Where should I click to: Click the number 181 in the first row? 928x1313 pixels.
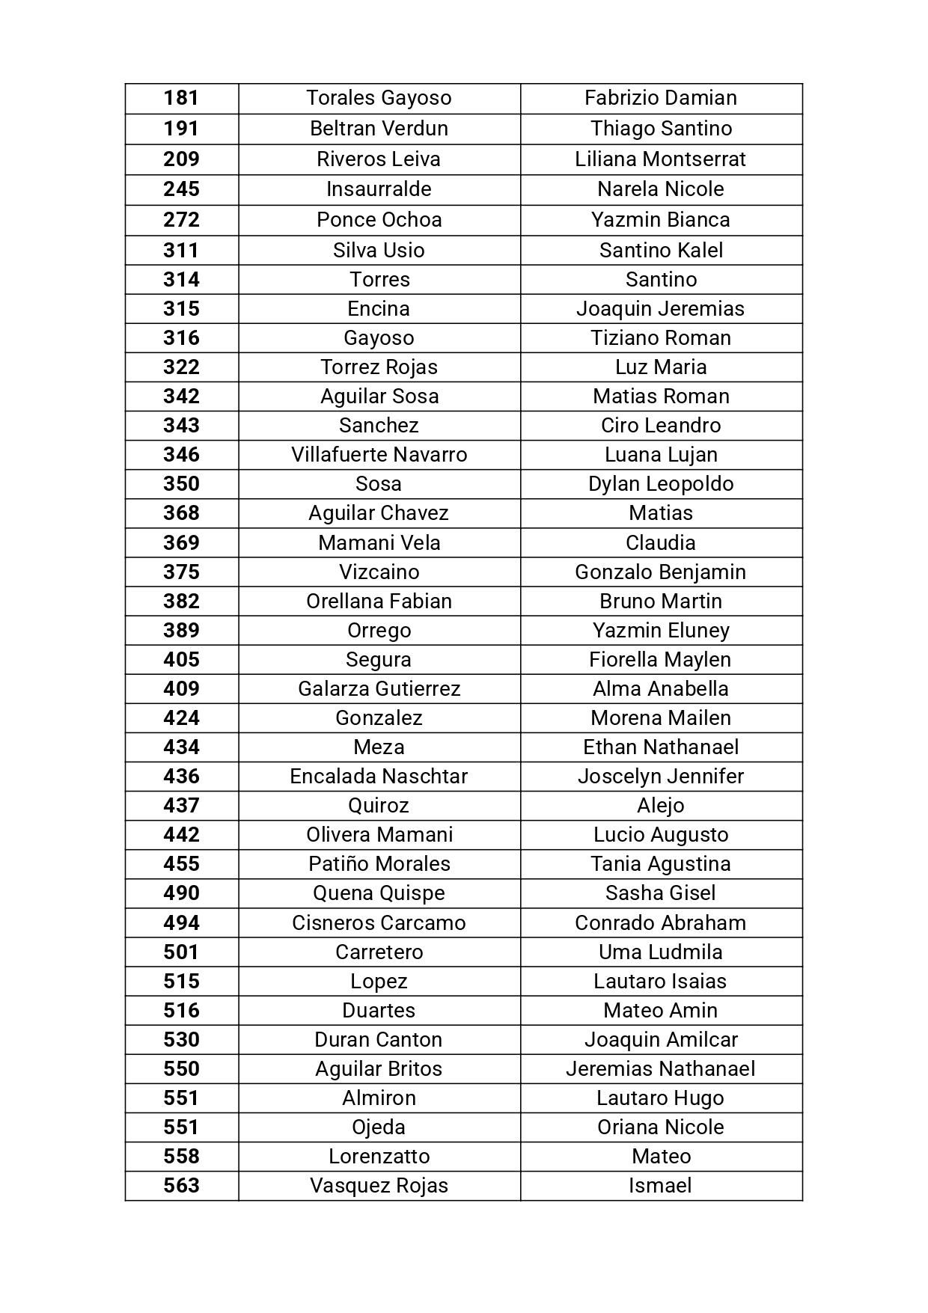pyautogui.click(x=181, y=98)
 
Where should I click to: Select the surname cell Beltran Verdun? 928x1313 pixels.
pyautogui.click(x=379, y=129)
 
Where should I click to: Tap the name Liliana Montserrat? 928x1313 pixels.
pyautogui.click(x=660, y=159)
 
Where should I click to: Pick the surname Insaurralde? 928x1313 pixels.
pyautogui.click(x=379, y=189)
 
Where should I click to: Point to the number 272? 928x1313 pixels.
pyautogui.click(x=181, y=220)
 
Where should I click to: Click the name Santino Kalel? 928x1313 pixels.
pyautogui.click(x=661, y=251)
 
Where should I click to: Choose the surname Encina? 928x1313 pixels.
pyautogui.click(x=379, y=309)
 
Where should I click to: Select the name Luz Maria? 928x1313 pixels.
pyautogui.click(x=661, y=367)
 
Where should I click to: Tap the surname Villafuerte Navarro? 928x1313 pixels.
pyautogui.click(x=379, y=455)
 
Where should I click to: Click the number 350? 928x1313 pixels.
pyautogui.click(x=181, y=484)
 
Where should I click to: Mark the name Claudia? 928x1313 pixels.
pyautogui.click(x=661, y=543)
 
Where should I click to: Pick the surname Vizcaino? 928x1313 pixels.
pyautogui.click(x=379, y=572)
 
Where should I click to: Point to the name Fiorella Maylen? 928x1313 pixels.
pyautogui.click(x=660, y=660)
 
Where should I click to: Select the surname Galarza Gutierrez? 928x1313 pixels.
pyautogui.click(x=379, y=689)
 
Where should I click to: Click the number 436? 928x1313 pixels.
pyautogui.click(x=181, y=777)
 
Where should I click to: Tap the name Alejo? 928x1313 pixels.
pyautogui.click(x=661, y=806)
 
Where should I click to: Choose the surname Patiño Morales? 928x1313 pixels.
pyautogui.click(x=379, y=864)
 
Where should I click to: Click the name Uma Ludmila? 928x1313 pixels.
pyautogui.click(x=660, y=952)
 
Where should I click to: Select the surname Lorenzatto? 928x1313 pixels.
pyautogui.click(x=379, y=1157)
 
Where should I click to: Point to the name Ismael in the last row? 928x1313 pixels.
pyautogui.click(x=660, y=1186)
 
